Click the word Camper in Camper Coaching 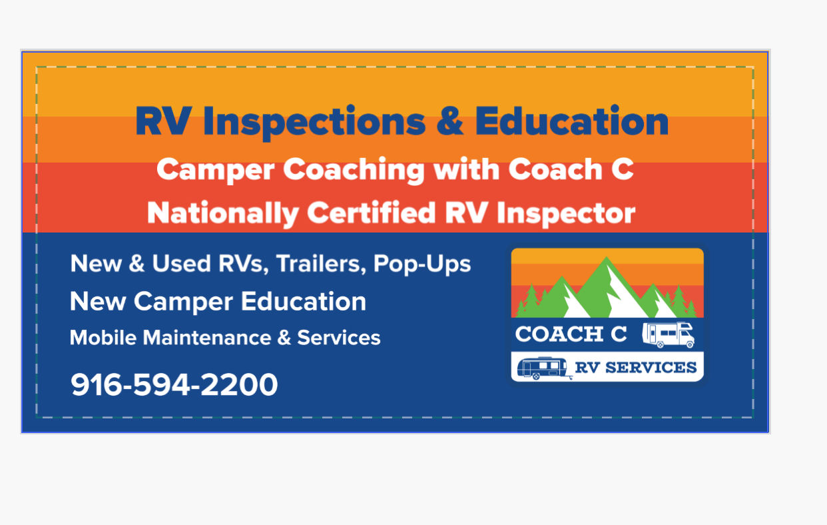(x=215, y=170)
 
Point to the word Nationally (x=222, y=213)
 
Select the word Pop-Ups (x=422, y=264)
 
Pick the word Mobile (x=103, y=338)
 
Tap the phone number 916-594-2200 (x=174, y=385)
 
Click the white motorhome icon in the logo (x=669, y=334)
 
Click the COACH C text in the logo (x=571, y=334)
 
